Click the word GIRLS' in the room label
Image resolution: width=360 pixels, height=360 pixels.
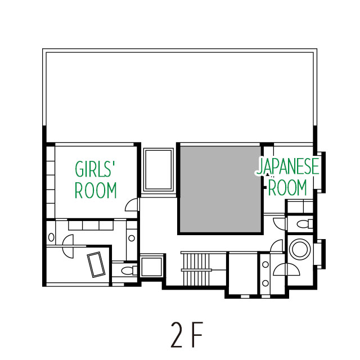point(95,169)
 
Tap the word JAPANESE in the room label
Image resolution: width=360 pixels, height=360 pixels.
point(288,166)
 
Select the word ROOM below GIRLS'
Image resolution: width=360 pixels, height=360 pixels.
point(96,190)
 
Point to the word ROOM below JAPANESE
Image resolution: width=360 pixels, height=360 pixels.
point(287,187)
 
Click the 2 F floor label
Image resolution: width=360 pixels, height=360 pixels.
point(187,335)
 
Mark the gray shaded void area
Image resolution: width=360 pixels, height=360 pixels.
point(220,189)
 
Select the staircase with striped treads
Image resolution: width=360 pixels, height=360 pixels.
point(196,269)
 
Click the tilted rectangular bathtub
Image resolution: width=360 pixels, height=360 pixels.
point(96,264)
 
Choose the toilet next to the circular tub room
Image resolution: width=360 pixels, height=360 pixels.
point(305,223)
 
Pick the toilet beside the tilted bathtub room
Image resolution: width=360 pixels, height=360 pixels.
point(129,271)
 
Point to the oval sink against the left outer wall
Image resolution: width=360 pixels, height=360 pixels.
point(51,237)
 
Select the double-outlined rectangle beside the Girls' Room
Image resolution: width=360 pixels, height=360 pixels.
point(159,169)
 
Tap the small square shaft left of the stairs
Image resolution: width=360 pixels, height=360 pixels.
point(151,267)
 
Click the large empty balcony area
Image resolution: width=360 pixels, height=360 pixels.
point(180,96)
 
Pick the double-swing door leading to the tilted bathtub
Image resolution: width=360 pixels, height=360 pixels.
point(68,246)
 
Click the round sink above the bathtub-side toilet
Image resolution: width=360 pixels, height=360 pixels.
point(132,238)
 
